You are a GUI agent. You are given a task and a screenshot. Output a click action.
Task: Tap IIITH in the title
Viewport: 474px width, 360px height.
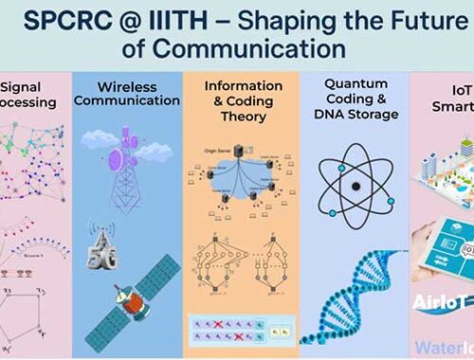point(184,20)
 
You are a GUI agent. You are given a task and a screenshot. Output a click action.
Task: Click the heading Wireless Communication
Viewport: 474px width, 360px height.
point(127,93)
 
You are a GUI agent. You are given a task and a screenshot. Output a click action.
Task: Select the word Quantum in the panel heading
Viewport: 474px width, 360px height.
point(349,84)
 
